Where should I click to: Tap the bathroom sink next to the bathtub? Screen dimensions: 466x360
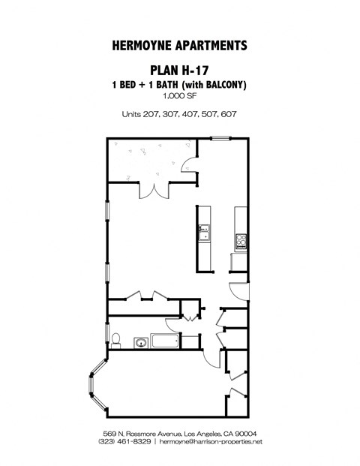coord(139,342)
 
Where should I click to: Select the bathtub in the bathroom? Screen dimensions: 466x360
coord(164,341)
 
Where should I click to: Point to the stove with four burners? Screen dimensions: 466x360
coord(241,241)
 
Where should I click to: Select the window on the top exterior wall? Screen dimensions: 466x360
coord(221,137)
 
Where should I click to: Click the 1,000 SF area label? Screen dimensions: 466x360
coord(180,96)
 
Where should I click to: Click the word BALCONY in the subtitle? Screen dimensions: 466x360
coord(221,84)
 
